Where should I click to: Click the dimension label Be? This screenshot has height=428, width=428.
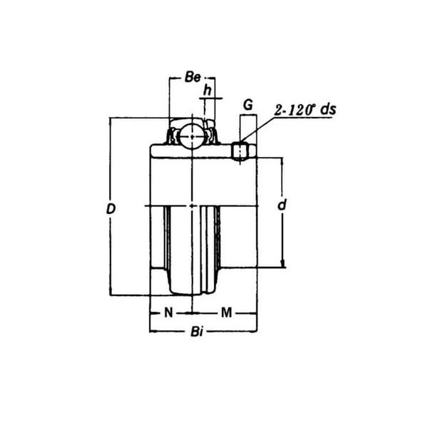pos(192,78)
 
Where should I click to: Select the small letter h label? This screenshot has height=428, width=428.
pos(208,90)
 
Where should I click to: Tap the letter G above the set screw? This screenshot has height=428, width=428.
pos(248,104)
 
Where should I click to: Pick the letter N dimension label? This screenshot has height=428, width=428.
pos(168,312)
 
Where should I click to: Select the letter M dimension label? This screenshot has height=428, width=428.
pos(225,312)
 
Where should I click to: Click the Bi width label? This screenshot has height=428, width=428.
pos(197,332)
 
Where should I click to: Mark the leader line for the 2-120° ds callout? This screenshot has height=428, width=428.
pos(258,134)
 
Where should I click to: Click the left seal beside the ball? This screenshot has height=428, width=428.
pos(173,136)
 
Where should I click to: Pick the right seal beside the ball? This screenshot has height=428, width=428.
pos(212,136)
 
